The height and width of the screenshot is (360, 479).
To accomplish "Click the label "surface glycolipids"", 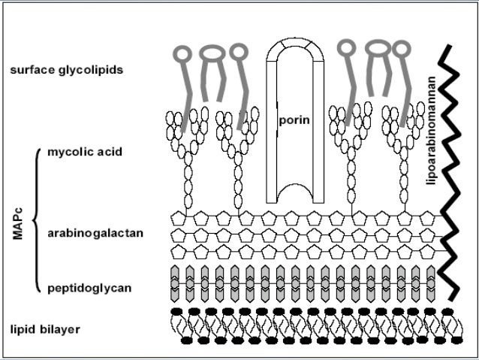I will click(66, 70).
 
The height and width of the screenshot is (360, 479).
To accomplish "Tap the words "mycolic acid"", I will click(84, 152).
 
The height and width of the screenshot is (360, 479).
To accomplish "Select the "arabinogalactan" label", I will click(95, 233).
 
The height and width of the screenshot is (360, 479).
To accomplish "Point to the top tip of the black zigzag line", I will click(447, 47).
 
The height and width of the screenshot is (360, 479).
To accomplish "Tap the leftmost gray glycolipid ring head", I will click(182, 54).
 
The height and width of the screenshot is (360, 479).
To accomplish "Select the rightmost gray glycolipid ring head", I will click(402, 50).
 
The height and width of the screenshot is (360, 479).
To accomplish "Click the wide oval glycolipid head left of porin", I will click(213, 53).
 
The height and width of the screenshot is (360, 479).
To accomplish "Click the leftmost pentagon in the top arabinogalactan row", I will click(179, 219).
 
